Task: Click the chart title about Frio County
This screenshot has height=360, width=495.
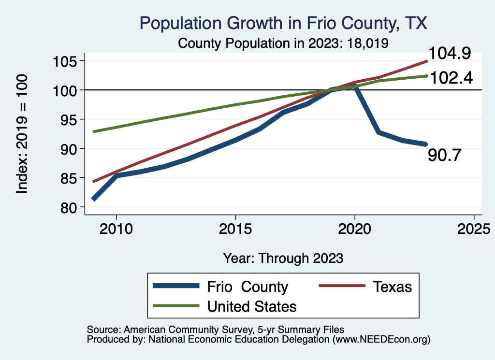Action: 283,23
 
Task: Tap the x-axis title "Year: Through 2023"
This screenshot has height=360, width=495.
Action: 283,258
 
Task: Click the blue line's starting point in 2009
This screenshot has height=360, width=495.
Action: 93,199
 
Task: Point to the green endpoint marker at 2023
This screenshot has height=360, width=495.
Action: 426,76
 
